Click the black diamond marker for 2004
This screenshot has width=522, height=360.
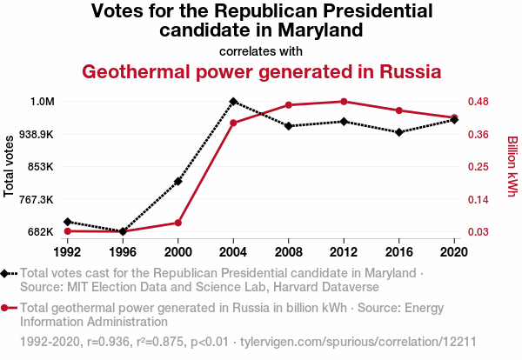click(x=233, y=102)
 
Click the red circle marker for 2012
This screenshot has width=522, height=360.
click(x=344, y=102)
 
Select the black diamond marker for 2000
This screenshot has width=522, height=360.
click(x=177, y=181)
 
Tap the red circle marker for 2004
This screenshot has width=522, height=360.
click(x=233, y=123)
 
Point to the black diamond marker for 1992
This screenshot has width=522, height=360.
click(x=67, y=222)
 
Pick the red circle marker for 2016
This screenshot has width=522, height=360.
click(x=398, y=110)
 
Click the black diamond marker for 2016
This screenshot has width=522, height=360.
click(x=398, y=132)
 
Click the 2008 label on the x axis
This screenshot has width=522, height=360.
click(x=288, y=252)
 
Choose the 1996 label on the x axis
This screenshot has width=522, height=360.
click(x=122, y=252)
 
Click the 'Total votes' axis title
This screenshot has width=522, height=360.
click(x=10, y=165)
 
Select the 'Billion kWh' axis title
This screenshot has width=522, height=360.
click(x=512, y=165)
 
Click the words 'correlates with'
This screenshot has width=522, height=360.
click(x=261, y=50)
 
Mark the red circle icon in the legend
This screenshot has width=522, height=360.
click(x=8, y=308)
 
